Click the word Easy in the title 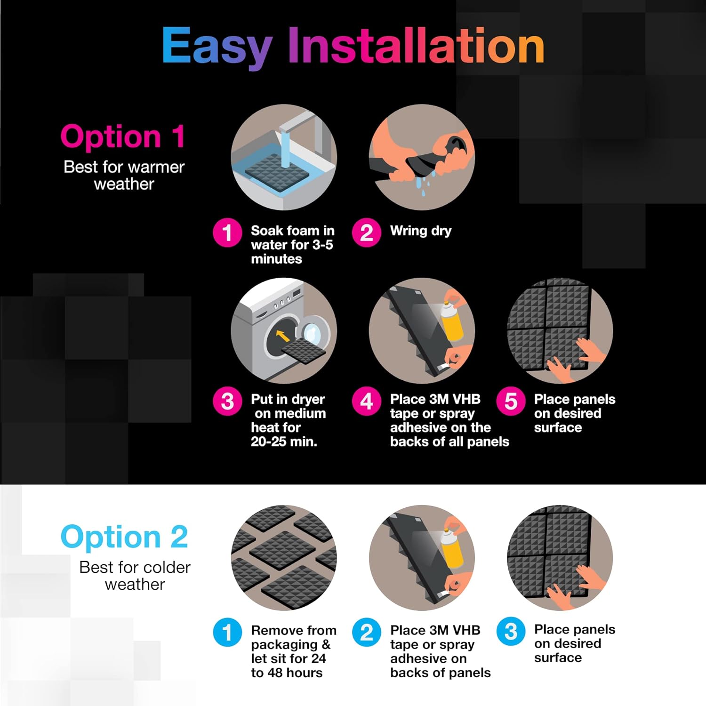pyautogui.click(x=217, y=46)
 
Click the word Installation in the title pyautogui.click(x=416, y=45)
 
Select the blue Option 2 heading pyautogui.click(x=124, y=537)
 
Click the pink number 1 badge pyautogui.click(x=227, y=233)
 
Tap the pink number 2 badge pyautogui.click(x=367, y=233)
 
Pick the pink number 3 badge pyautogui.click(x=227, y=401)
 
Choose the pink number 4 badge pyautogui.click(x=367, y=401)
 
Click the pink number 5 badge pyautogui.click(x=511, y=401)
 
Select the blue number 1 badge pyautogui.click(x=227, y=632)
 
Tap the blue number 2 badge pyautogui.click(x=367, y=632)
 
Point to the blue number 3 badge pyautogui.click(x=511, y=632)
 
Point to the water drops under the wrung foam pyautogui.click(x=426, y=184)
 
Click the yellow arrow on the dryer pyautogui.click(x=282, y=336)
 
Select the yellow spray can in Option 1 pyautogui.click(x=452, y=320)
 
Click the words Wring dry pyautogui.click(x=420, y=231)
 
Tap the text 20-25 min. pyautogui.click(x=284, y=441)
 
